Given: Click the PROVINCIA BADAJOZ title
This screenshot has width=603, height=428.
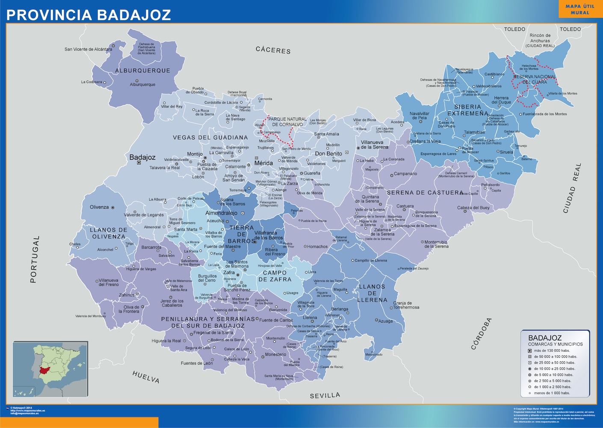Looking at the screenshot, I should [x=89, y=15].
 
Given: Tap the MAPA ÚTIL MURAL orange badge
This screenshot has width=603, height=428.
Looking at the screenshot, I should [x=579, y=9].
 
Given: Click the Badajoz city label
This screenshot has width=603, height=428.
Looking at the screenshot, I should [x=142, y=158].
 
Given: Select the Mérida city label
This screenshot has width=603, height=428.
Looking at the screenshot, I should [x=263, y=163].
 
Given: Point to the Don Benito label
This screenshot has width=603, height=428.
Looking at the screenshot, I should [x=328, y=154].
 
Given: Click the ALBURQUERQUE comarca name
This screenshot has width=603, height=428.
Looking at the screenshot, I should [x=142, y=71].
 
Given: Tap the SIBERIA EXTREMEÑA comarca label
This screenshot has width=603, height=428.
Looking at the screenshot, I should [x=467, y=110].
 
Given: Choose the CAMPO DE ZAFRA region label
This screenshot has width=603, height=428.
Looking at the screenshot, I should [x=275, y=276].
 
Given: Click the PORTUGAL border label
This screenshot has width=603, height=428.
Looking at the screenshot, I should [x=34, y=259].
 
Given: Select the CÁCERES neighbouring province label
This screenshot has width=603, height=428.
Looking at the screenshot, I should [x=273, y=50].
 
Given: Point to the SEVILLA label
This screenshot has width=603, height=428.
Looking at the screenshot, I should [x=325, y=395].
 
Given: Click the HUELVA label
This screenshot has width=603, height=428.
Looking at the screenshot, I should [x=146, y=377].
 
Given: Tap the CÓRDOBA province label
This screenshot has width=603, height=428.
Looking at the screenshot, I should [x=482, y=334].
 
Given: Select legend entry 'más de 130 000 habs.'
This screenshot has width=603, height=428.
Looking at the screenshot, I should [x=552, y=351].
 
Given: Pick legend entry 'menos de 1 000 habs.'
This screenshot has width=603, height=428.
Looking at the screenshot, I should [x=552, y=393].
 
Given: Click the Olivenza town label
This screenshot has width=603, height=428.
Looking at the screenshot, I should [x=99, y=207].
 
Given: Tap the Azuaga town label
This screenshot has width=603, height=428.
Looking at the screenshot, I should [x=385, y=321].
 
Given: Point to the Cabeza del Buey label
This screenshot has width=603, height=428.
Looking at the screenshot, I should [x=473, y=208].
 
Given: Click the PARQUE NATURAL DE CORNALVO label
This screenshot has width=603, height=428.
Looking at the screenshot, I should [x=287, y=122].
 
